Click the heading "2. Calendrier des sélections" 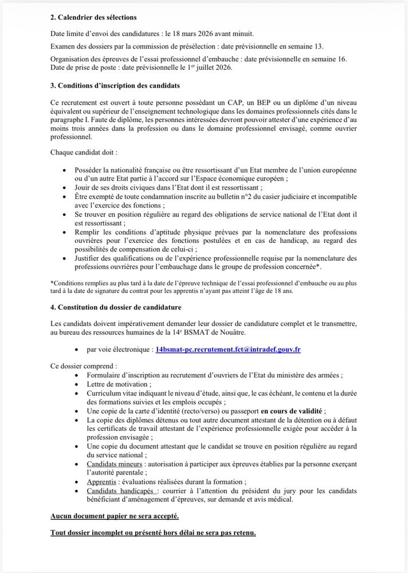(93, 18)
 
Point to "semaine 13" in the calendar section (332, 46)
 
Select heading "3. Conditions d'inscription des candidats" (115, 86)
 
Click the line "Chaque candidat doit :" (84, 153)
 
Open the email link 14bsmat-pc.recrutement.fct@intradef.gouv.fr (228, 349)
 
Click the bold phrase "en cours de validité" (292, 411)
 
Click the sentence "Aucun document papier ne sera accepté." (115, 516)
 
